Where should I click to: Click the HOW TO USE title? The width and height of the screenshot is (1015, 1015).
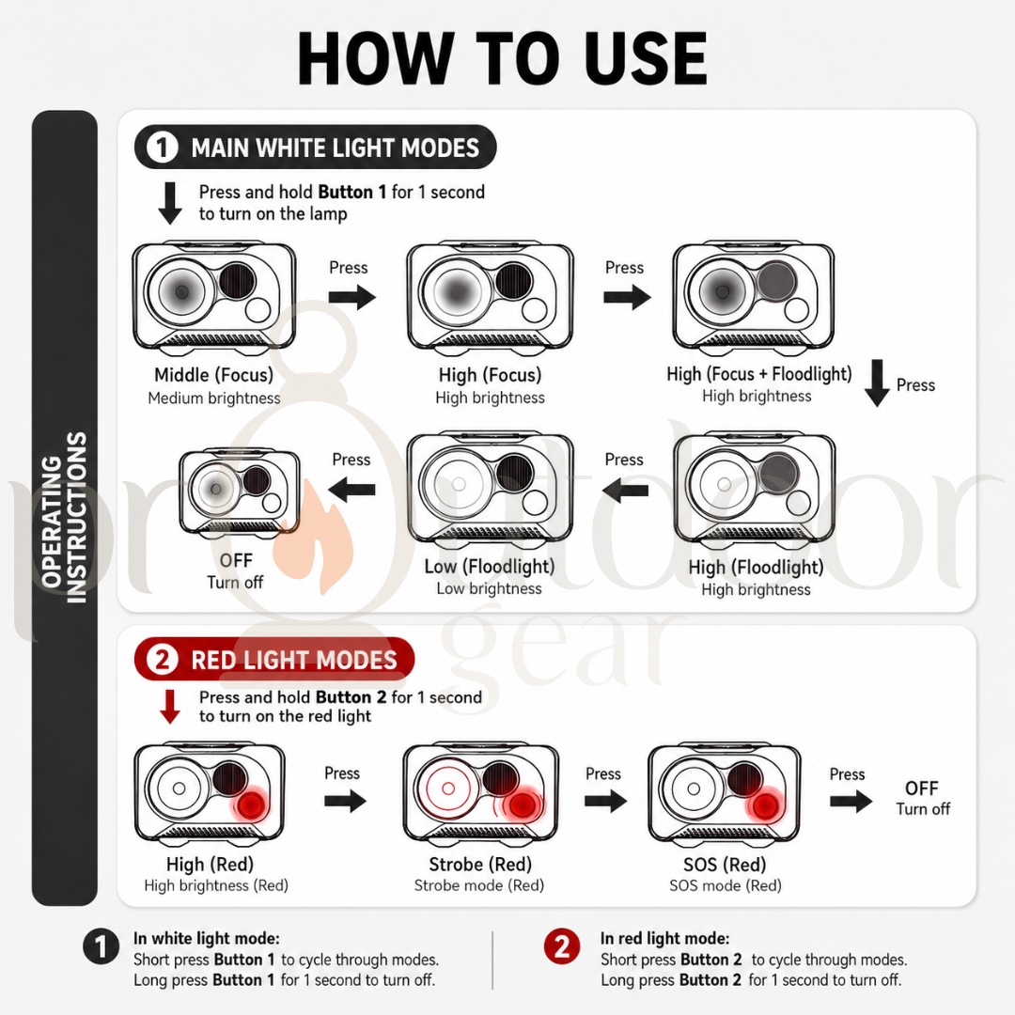[502, 58]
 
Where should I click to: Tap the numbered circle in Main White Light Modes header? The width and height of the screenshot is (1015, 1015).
[162, 147]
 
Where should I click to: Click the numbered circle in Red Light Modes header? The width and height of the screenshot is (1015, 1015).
[162, 659]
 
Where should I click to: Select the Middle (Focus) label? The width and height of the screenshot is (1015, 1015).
[213, 375]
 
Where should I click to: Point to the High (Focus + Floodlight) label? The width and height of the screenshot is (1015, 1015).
[759, 374]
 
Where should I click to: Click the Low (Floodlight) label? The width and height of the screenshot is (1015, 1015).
[490, 567]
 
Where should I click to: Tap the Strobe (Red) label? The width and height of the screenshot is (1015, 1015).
[480, 865]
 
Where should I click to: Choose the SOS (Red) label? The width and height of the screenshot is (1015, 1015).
[725, 865]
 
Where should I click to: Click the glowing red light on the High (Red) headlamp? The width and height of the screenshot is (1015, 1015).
[251, 806]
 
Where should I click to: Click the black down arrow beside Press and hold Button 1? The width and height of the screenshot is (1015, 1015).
[170, 203]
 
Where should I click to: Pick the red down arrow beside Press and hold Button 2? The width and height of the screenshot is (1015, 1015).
[170, 706]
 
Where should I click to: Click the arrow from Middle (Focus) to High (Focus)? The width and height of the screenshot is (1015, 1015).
[352, 297]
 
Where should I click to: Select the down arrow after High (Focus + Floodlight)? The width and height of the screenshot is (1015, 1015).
[877, 383]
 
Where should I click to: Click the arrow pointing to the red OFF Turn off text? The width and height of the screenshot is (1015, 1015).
[851, 802]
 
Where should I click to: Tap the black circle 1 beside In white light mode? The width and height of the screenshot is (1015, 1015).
[101, 947]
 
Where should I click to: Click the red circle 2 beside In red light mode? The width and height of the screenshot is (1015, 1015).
[562, 947]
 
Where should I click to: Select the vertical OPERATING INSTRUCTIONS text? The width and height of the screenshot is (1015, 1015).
[64, 518]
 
